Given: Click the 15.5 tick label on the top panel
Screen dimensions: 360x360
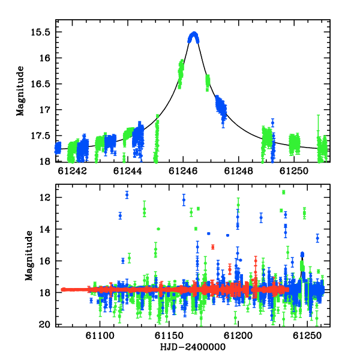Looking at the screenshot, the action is click(40, 32).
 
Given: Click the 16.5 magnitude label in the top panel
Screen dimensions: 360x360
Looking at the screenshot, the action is click(40, 84).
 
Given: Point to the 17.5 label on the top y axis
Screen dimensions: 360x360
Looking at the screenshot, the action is click(40, 136).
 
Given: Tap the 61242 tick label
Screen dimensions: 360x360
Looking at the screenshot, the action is click(73, 171).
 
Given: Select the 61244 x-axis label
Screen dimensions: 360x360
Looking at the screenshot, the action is click(128, 171).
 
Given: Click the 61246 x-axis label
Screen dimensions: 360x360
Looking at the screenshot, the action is click(183, 171).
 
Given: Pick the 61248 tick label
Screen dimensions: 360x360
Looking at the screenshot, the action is click(239, 171).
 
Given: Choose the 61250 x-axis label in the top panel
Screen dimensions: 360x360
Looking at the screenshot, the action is click(294, 171).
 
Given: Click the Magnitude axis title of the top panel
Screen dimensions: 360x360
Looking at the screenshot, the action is click(20, 91).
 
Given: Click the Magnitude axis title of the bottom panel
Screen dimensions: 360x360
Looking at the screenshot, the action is click(29, 256).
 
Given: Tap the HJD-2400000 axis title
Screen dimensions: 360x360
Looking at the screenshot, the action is click(193, 347).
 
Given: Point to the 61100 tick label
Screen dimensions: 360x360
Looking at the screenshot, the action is click(100, 336).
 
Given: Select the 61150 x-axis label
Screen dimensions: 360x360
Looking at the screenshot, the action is click(169, 336).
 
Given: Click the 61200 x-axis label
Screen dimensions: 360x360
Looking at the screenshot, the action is click(238, 336).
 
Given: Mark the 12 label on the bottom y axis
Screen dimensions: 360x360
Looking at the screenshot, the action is click(45, 197).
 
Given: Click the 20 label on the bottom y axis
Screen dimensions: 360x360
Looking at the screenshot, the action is click(45, 325).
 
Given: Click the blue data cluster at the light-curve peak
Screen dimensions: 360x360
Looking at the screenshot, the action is click(194, 37).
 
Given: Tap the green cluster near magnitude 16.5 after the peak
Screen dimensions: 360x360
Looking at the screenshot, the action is click(208, 83).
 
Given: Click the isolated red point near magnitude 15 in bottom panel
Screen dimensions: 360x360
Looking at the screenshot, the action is click(213, 247).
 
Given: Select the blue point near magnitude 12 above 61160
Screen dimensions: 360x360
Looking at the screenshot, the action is click(184, 200).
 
